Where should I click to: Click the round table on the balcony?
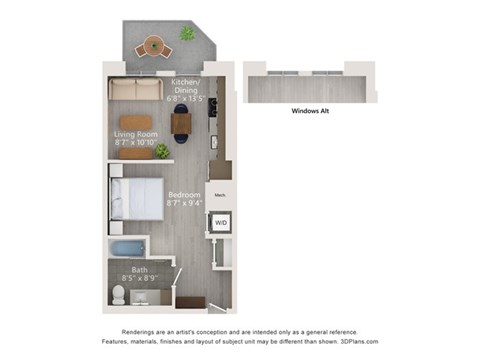click(152, 45)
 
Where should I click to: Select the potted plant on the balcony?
click(187, 33)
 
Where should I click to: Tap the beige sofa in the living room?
click(135, 89)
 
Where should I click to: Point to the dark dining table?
click(182, 123)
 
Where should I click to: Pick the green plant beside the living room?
click(161, 151)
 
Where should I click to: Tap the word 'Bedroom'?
click(183, 194)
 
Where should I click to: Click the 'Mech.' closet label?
click(220, 195)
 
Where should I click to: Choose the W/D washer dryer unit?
click(221, 223)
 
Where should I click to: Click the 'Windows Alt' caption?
click(311, 112)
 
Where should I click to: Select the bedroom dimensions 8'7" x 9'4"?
click(183, 203)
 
